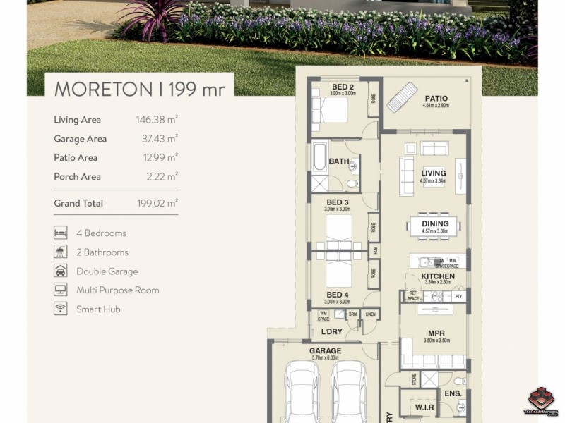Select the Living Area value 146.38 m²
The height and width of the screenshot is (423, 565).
click(x=157, y=120)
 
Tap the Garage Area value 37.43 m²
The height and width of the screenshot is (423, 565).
click(x=160, y=139)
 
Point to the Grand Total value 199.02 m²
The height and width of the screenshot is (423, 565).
click(x=157, y=203)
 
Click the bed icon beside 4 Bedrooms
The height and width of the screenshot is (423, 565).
click(x=61, y=233)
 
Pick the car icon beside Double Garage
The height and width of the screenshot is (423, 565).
click(x=61, y=271)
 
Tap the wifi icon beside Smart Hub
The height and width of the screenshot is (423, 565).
click(x=61, y=309)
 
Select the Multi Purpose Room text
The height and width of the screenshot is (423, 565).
click(x=117, y=290)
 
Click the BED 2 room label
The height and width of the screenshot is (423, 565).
click(x=343, y=87)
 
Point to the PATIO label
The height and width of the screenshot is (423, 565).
click(x=436, y=99)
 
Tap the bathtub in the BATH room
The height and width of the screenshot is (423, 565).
click(x=320, y=157)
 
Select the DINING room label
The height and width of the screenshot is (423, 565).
click(x=435, y=224)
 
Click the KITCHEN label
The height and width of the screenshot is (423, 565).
click(x=437, y=276)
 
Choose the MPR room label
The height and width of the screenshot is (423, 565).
click(x=436, y=333)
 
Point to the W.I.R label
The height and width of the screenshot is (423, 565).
click(x=424, y=407)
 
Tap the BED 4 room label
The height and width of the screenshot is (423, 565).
click(x=338, y=295)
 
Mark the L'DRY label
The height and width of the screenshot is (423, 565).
click(x=332, y=331)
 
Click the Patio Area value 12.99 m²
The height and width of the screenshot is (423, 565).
click(x=160, y=158)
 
